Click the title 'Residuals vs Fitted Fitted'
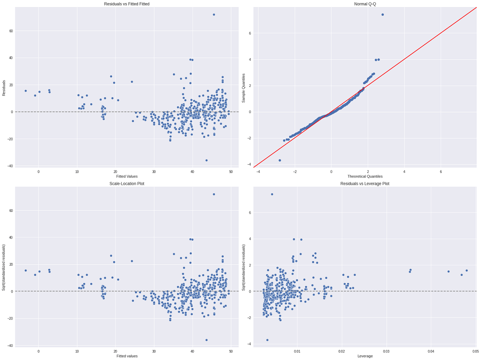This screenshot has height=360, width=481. pos(126,4)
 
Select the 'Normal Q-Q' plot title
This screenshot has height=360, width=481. pos(365,4)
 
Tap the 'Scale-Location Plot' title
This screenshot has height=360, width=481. pos(126,183)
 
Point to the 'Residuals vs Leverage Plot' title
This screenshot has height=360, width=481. pos(365,183)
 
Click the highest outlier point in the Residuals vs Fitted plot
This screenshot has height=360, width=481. pos(214,14)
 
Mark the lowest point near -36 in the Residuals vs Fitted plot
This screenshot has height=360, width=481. pos(206,160)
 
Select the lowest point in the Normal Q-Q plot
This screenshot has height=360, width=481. pos(280,160)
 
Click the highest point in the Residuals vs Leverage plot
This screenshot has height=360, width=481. pos(272,194)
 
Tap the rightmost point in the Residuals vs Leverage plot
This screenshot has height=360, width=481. pos(467,270)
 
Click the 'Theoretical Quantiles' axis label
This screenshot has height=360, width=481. pos(365,176)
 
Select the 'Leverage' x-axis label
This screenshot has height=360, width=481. pos(365,356)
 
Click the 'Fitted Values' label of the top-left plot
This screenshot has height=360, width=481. pos(126,176)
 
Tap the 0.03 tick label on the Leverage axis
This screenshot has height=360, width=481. pos(386,351)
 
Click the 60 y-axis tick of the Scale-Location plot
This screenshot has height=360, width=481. pos(10,211)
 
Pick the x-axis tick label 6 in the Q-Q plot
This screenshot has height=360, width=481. pos(440,171)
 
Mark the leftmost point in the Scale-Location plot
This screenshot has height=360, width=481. pos(25,270)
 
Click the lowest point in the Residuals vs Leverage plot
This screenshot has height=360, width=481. pos(267,340)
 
